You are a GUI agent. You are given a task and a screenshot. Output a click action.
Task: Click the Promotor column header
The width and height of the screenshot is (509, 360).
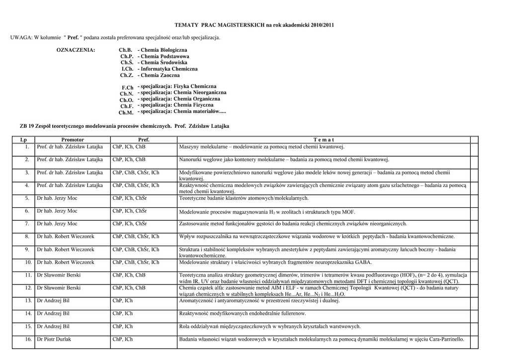tap(73, 140)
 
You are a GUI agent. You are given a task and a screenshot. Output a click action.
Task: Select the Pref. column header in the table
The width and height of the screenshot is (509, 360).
tap(144, 140)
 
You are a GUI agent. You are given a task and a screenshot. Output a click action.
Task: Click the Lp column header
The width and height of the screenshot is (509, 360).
tap(23, 140)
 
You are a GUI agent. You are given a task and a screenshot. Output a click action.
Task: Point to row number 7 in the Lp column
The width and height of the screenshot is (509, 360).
tap(27, 224)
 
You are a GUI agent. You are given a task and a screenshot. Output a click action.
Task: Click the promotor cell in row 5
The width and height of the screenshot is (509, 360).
tap(57, 198)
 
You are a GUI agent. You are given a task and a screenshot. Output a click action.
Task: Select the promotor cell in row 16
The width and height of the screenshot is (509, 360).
tap(54, 340)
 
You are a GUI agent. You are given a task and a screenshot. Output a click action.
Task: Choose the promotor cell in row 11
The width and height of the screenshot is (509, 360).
tap(59, 275)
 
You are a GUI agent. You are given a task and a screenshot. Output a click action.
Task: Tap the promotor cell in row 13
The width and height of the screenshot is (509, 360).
tap(53, 301)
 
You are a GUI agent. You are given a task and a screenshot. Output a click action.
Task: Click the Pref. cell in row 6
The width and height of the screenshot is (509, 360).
tap(130, 211)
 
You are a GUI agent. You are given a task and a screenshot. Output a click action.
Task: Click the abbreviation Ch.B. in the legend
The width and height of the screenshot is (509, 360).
tap(126, 50)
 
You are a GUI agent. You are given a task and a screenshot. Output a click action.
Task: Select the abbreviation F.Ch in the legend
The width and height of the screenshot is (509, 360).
tap(128, 88)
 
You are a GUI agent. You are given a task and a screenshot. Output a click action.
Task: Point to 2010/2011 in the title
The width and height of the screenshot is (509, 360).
tap(322, 25)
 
